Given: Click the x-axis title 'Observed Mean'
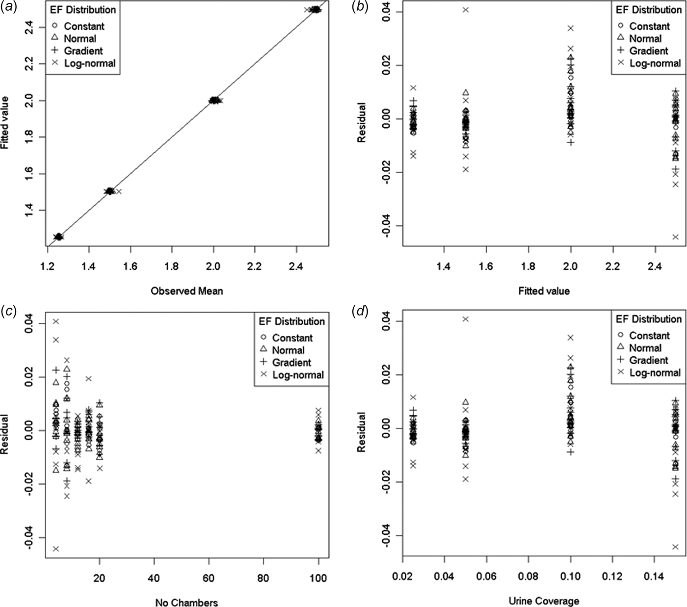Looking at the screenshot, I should point(186,291).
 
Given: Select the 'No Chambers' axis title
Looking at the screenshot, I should point(186,602).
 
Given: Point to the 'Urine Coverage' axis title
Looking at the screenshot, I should point(544,601).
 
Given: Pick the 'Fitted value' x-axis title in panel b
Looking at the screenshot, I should point(544,291).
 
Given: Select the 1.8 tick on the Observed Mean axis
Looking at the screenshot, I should point(171,266).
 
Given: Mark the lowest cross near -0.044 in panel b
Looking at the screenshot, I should point(675,237).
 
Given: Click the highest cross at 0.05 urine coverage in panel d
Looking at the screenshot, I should point(465,319).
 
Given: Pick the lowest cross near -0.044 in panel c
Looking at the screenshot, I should point(56,549).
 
